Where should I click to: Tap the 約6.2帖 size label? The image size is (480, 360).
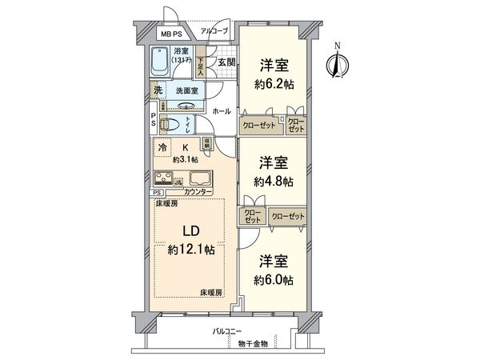click(274, 84)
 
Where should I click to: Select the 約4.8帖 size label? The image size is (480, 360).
click(274, 182)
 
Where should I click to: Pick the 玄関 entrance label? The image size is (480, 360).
click(226, 62)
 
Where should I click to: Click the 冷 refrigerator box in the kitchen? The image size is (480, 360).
click(163, 148)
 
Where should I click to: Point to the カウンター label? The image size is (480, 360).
click(198, 193)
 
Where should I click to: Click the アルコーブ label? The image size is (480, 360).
click(214, 31)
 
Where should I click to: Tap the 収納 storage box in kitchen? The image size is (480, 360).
click(207, 146)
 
